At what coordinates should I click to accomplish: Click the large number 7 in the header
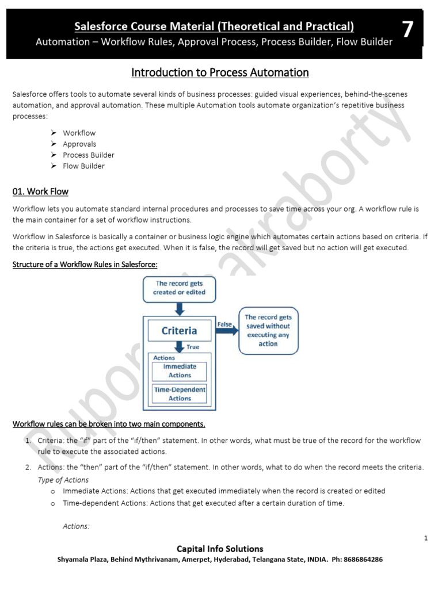(x=407, y=29)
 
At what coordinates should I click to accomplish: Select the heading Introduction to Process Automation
(x=220, y=72)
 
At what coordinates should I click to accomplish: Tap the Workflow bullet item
(x=79, y=133)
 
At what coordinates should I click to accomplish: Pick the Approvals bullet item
(x=79, y=144)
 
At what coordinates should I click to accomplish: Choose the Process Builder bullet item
(x=89, y=155)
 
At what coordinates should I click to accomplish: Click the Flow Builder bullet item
(x=84, y=166)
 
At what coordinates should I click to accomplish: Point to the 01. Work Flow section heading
(x=40, y=192)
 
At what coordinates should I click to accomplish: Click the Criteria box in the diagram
(x=179, y=330)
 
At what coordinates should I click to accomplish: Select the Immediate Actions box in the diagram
(x=180, y=370)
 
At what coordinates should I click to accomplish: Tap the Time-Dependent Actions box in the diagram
(x=180, y=393)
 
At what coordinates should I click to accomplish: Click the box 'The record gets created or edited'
(x=179, y=288)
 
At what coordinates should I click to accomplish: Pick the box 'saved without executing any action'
(x=268, y=330)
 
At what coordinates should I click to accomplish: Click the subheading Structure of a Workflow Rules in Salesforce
(x=85, y=264)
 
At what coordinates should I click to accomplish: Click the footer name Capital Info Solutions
(x=220, y=549)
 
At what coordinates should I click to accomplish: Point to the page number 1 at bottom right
(x=425, y=538)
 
